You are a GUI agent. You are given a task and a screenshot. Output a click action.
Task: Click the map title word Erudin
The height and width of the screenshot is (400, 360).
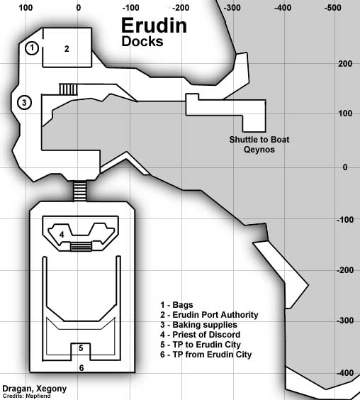[154, 26]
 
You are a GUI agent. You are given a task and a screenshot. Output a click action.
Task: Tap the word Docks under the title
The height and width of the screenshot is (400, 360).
[142, 41]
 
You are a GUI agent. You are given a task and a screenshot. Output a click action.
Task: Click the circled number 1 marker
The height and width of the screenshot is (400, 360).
[32, 48]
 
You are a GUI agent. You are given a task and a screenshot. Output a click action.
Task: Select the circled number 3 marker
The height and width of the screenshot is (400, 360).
[24, 103]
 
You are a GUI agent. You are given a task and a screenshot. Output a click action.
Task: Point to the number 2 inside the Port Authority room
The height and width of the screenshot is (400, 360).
[67, 49]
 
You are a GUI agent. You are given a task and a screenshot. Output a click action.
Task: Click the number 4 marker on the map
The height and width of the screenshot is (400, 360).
[62, 235]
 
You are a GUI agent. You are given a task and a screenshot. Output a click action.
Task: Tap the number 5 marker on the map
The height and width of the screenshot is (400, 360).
[81, 348]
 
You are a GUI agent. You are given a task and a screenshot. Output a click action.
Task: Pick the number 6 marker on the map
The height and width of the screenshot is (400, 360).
[81, 368]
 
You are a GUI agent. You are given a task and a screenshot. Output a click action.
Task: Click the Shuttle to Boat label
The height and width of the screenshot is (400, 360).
[259, 140]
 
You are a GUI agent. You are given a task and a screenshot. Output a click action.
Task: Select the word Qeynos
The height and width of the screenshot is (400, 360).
[259, 150]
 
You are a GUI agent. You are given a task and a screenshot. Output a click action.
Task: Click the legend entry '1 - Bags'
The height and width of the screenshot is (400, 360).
[176, 305]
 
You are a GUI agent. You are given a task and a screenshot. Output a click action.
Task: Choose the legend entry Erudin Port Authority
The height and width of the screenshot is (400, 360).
[209, 315]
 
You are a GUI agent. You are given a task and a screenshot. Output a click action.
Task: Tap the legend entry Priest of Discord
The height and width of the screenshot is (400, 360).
[200, 335]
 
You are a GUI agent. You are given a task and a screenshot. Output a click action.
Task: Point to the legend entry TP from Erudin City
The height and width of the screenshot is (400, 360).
[206, 355]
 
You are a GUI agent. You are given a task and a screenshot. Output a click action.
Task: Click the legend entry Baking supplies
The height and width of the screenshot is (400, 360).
[198, 325]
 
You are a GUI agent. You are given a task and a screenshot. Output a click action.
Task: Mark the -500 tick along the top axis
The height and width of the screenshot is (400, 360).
[333, 8]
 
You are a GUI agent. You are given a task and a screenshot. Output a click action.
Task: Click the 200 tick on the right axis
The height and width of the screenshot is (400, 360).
[345, 64]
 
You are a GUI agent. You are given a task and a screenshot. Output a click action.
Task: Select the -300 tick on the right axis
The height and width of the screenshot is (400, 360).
[345, 321]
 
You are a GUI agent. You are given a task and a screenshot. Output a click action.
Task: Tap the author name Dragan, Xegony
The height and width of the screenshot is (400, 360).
[35, 389]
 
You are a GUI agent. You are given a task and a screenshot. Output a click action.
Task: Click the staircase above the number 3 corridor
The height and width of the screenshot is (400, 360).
[68, 89]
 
